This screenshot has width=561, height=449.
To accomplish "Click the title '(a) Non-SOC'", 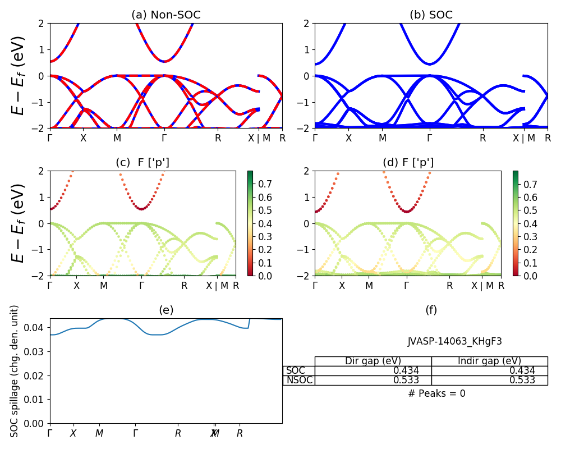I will (x=166, y=15).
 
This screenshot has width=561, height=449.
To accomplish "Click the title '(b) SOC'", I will (x=431, y=15).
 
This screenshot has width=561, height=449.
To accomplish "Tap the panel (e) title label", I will (x=166, y=310).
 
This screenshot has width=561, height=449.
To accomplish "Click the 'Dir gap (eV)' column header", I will (x=373, y=361).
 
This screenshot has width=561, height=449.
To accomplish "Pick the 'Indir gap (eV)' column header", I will (x=489, y=361).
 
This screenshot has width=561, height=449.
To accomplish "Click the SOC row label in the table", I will (x=296, y=370).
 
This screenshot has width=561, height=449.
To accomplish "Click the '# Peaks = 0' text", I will (x=437, y=393).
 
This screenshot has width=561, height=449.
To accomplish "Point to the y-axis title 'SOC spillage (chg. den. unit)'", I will (x=15, y=370).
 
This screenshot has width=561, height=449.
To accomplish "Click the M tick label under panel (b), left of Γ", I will (x=382, y=138).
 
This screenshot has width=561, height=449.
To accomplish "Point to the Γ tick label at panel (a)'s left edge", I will (x=50, y=138).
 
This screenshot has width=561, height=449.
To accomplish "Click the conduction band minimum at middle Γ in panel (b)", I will (x=429, y=64).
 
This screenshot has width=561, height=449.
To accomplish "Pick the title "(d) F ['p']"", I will (x=408, y=163).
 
